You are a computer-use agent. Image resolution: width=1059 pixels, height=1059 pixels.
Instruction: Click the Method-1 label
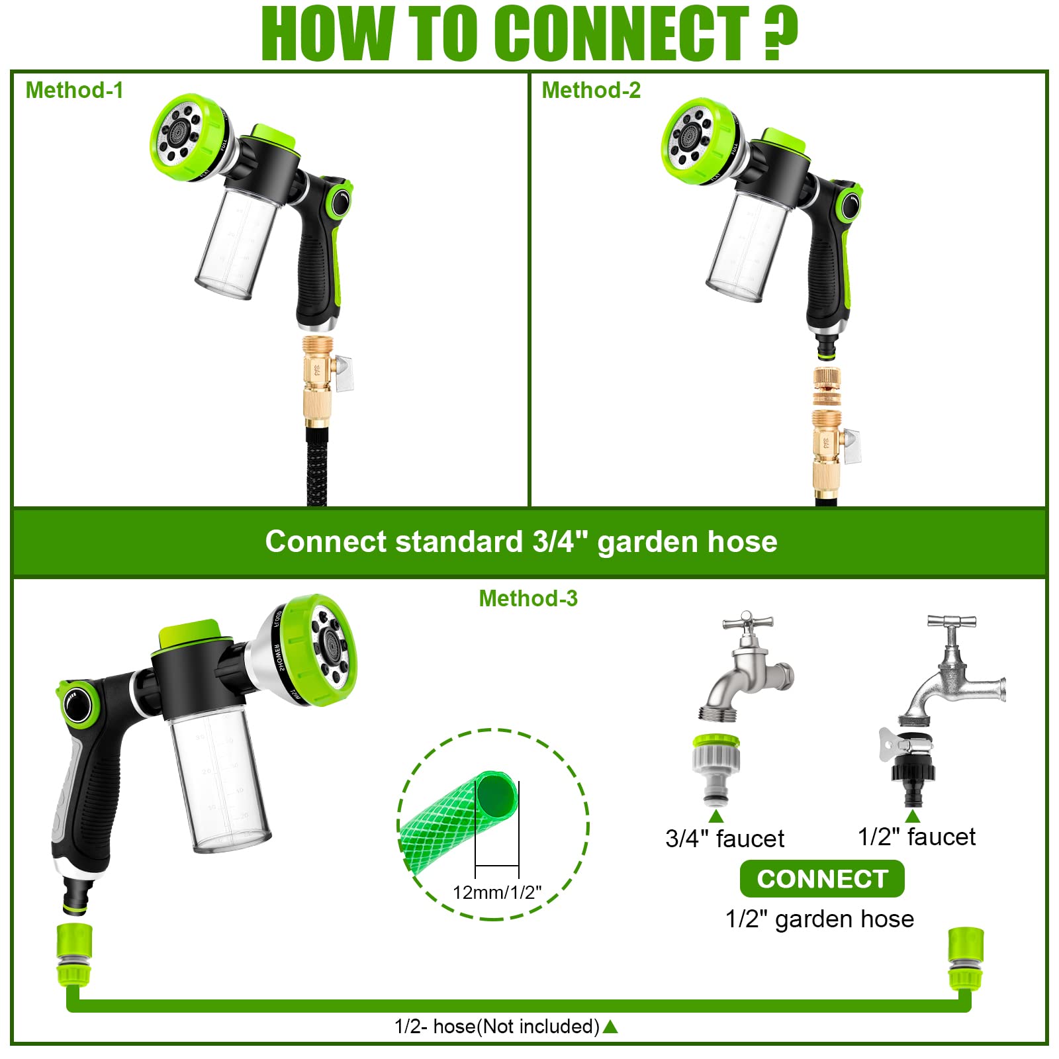pos(74,90)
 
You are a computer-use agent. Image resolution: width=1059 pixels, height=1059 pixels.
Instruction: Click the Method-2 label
pos(590,90)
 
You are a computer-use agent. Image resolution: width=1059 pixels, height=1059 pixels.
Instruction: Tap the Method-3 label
pos(528,598)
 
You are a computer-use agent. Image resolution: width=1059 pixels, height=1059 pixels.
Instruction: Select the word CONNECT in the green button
pos(822,879)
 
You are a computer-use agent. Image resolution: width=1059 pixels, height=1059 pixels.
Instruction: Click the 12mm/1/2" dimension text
pos(496,892)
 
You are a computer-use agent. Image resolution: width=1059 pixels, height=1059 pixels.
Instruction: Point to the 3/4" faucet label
pos(724,839)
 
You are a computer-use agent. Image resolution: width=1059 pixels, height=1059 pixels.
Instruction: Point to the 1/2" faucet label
pos(916,837)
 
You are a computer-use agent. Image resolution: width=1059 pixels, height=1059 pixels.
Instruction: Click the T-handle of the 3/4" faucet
pos(747,622)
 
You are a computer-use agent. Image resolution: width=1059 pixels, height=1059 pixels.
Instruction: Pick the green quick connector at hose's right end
pos(966,960)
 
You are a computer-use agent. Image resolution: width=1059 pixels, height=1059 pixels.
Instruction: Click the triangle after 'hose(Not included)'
pos(610,1027)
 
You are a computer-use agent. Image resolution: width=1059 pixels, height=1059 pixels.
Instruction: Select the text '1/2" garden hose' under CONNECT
pos(819,919)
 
